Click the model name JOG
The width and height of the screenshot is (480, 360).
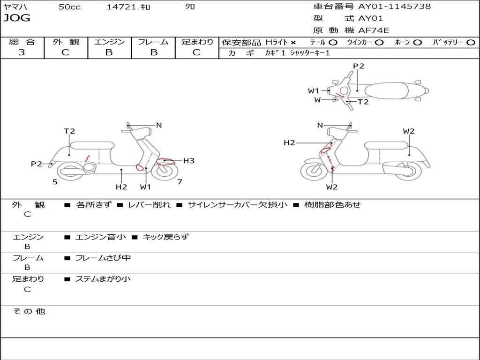17,18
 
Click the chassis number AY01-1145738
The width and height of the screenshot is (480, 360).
395,6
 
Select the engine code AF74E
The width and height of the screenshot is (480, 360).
374,30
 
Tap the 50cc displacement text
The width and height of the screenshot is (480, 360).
69,7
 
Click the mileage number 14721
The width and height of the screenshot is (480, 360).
121,7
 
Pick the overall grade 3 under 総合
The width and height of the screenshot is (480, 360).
22,52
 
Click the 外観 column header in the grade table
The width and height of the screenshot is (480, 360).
66,42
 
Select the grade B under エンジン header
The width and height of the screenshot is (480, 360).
109,52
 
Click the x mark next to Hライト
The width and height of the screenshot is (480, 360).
293,43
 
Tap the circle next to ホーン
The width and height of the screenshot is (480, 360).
417,43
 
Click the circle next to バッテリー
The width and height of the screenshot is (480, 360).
471,43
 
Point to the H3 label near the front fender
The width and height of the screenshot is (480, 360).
188,161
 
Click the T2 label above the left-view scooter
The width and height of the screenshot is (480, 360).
69,131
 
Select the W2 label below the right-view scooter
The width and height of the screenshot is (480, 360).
332,187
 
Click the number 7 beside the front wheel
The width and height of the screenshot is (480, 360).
180,182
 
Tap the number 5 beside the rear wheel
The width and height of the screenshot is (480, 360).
55,182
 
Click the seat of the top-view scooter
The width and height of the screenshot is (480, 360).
386,91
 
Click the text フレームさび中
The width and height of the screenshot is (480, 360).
103,258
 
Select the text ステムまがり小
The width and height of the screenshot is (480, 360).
103,279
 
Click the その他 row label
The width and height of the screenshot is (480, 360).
29,311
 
